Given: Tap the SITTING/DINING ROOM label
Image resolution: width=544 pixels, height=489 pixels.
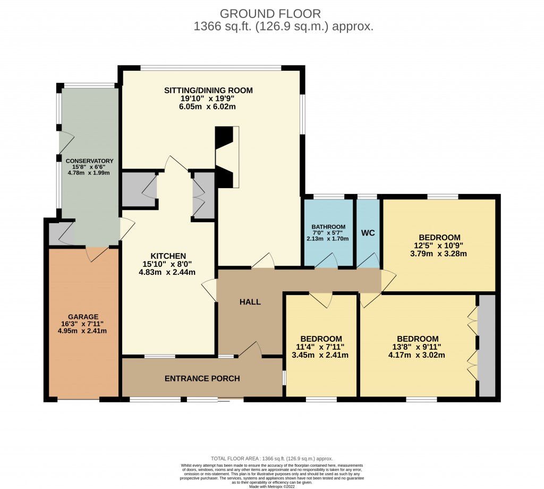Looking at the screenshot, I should (208, 90).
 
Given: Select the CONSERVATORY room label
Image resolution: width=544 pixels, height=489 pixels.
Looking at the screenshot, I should (89, 161).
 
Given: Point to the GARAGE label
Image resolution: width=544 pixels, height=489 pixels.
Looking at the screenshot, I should (83, 316).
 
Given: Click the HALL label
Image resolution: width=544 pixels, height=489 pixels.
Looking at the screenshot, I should (250, 302).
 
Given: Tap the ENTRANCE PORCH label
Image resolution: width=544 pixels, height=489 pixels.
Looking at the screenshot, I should (202, 378).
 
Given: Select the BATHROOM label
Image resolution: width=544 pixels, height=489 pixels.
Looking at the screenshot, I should (328, 227).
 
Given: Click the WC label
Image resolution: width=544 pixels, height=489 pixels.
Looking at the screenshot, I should (368, 233).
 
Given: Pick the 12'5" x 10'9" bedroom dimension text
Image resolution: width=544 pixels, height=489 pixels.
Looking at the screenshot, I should (439, 246).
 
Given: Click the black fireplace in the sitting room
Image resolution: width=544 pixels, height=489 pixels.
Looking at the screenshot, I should (224, 157).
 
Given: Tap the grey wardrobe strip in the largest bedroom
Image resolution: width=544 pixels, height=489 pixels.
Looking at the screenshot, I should (487, 345).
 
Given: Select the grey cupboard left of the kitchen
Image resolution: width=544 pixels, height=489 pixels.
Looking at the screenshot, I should (138, 189).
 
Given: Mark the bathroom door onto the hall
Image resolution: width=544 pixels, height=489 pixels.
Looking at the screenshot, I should (327, 261).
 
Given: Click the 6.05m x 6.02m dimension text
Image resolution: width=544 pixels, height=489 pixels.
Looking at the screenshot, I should (208, 106).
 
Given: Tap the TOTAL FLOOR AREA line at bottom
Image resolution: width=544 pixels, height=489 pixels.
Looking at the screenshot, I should (271, 458).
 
